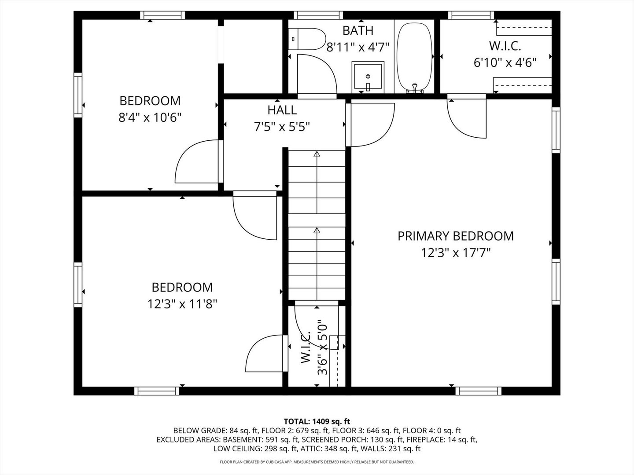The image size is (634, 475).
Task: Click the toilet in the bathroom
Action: tap(308, 39)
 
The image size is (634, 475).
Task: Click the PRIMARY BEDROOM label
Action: tap(455, 236)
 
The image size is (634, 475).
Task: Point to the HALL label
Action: tap(282, 110)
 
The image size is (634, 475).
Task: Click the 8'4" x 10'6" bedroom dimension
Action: tap(150, 118)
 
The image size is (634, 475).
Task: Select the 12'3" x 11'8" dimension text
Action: tap(182, 304)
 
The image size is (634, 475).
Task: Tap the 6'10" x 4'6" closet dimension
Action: tap(505, 63)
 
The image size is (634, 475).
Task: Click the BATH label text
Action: tap(358, 31)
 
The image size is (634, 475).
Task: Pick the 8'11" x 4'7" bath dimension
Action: tap(358, 47)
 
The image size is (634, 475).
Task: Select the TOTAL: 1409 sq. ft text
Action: tap(317, 422)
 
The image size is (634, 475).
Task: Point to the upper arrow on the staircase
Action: tap(317, 154)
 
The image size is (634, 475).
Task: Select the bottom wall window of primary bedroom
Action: tap(478, 391)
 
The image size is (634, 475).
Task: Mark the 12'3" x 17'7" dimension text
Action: tap(455, 253)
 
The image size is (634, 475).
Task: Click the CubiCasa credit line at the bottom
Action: tap(317, 462)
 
